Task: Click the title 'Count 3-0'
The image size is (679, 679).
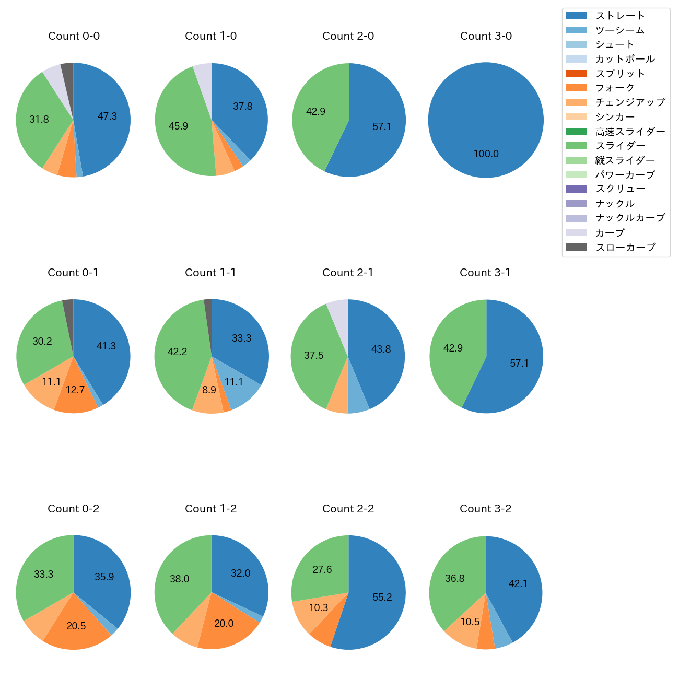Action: point(486,36)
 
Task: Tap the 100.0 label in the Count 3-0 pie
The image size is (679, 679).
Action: point(486,154)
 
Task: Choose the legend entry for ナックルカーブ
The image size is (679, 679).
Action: point(630,218)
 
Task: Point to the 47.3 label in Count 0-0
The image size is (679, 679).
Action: point(107,116)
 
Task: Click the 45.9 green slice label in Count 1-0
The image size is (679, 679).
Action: point(178,126)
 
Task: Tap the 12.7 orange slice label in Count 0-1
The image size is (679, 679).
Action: point(75,390)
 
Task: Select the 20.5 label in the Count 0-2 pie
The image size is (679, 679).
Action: point(76,626)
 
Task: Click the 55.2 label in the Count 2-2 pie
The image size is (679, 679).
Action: point(382,597)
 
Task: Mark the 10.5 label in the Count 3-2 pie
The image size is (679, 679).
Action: point(470,622)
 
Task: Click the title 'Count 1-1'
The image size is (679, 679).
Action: point(210,273)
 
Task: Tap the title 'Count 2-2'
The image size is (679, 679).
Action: point(348,509)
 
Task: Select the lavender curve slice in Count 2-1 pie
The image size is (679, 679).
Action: point(338,309)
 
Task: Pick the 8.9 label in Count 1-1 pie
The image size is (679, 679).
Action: point(209,390)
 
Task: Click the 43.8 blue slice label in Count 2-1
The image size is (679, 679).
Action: point(381,349)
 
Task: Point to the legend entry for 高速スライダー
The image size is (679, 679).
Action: point(630,132)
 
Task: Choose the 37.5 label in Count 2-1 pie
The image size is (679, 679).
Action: point(313,356)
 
